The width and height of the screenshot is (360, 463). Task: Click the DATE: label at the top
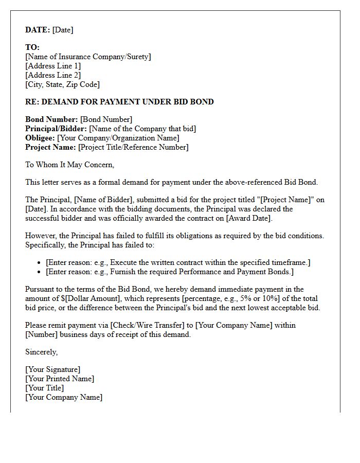point(38,30)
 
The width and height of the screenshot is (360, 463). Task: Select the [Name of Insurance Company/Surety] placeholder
point(88,57)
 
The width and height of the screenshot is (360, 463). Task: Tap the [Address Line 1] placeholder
point(53,66)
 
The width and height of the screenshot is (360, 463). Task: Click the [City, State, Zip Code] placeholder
point(62,84)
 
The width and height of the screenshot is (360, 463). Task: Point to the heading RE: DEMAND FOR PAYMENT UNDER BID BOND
point(119,102)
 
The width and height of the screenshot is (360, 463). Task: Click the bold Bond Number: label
point(51,119)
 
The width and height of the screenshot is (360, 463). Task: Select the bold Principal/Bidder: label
point(56,129)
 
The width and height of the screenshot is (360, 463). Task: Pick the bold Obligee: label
point(40,138)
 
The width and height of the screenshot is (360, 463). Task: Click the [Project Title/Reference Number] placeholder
point(133,147)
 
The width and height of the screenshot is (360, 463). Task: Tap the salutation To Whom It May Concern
point(69,165)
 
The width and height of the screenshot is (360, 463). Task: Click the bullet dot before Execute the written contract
point(39,263)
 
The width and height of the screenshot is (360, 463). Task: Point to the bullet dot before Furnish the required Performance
point(39,272)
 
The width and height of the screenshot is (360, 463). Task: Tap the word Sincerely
point(41,352)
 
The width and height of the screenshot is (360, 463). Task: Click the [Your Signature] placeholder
point(52,369)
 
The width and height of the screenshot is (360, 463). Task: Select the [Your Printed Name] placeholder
point(60,379)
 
